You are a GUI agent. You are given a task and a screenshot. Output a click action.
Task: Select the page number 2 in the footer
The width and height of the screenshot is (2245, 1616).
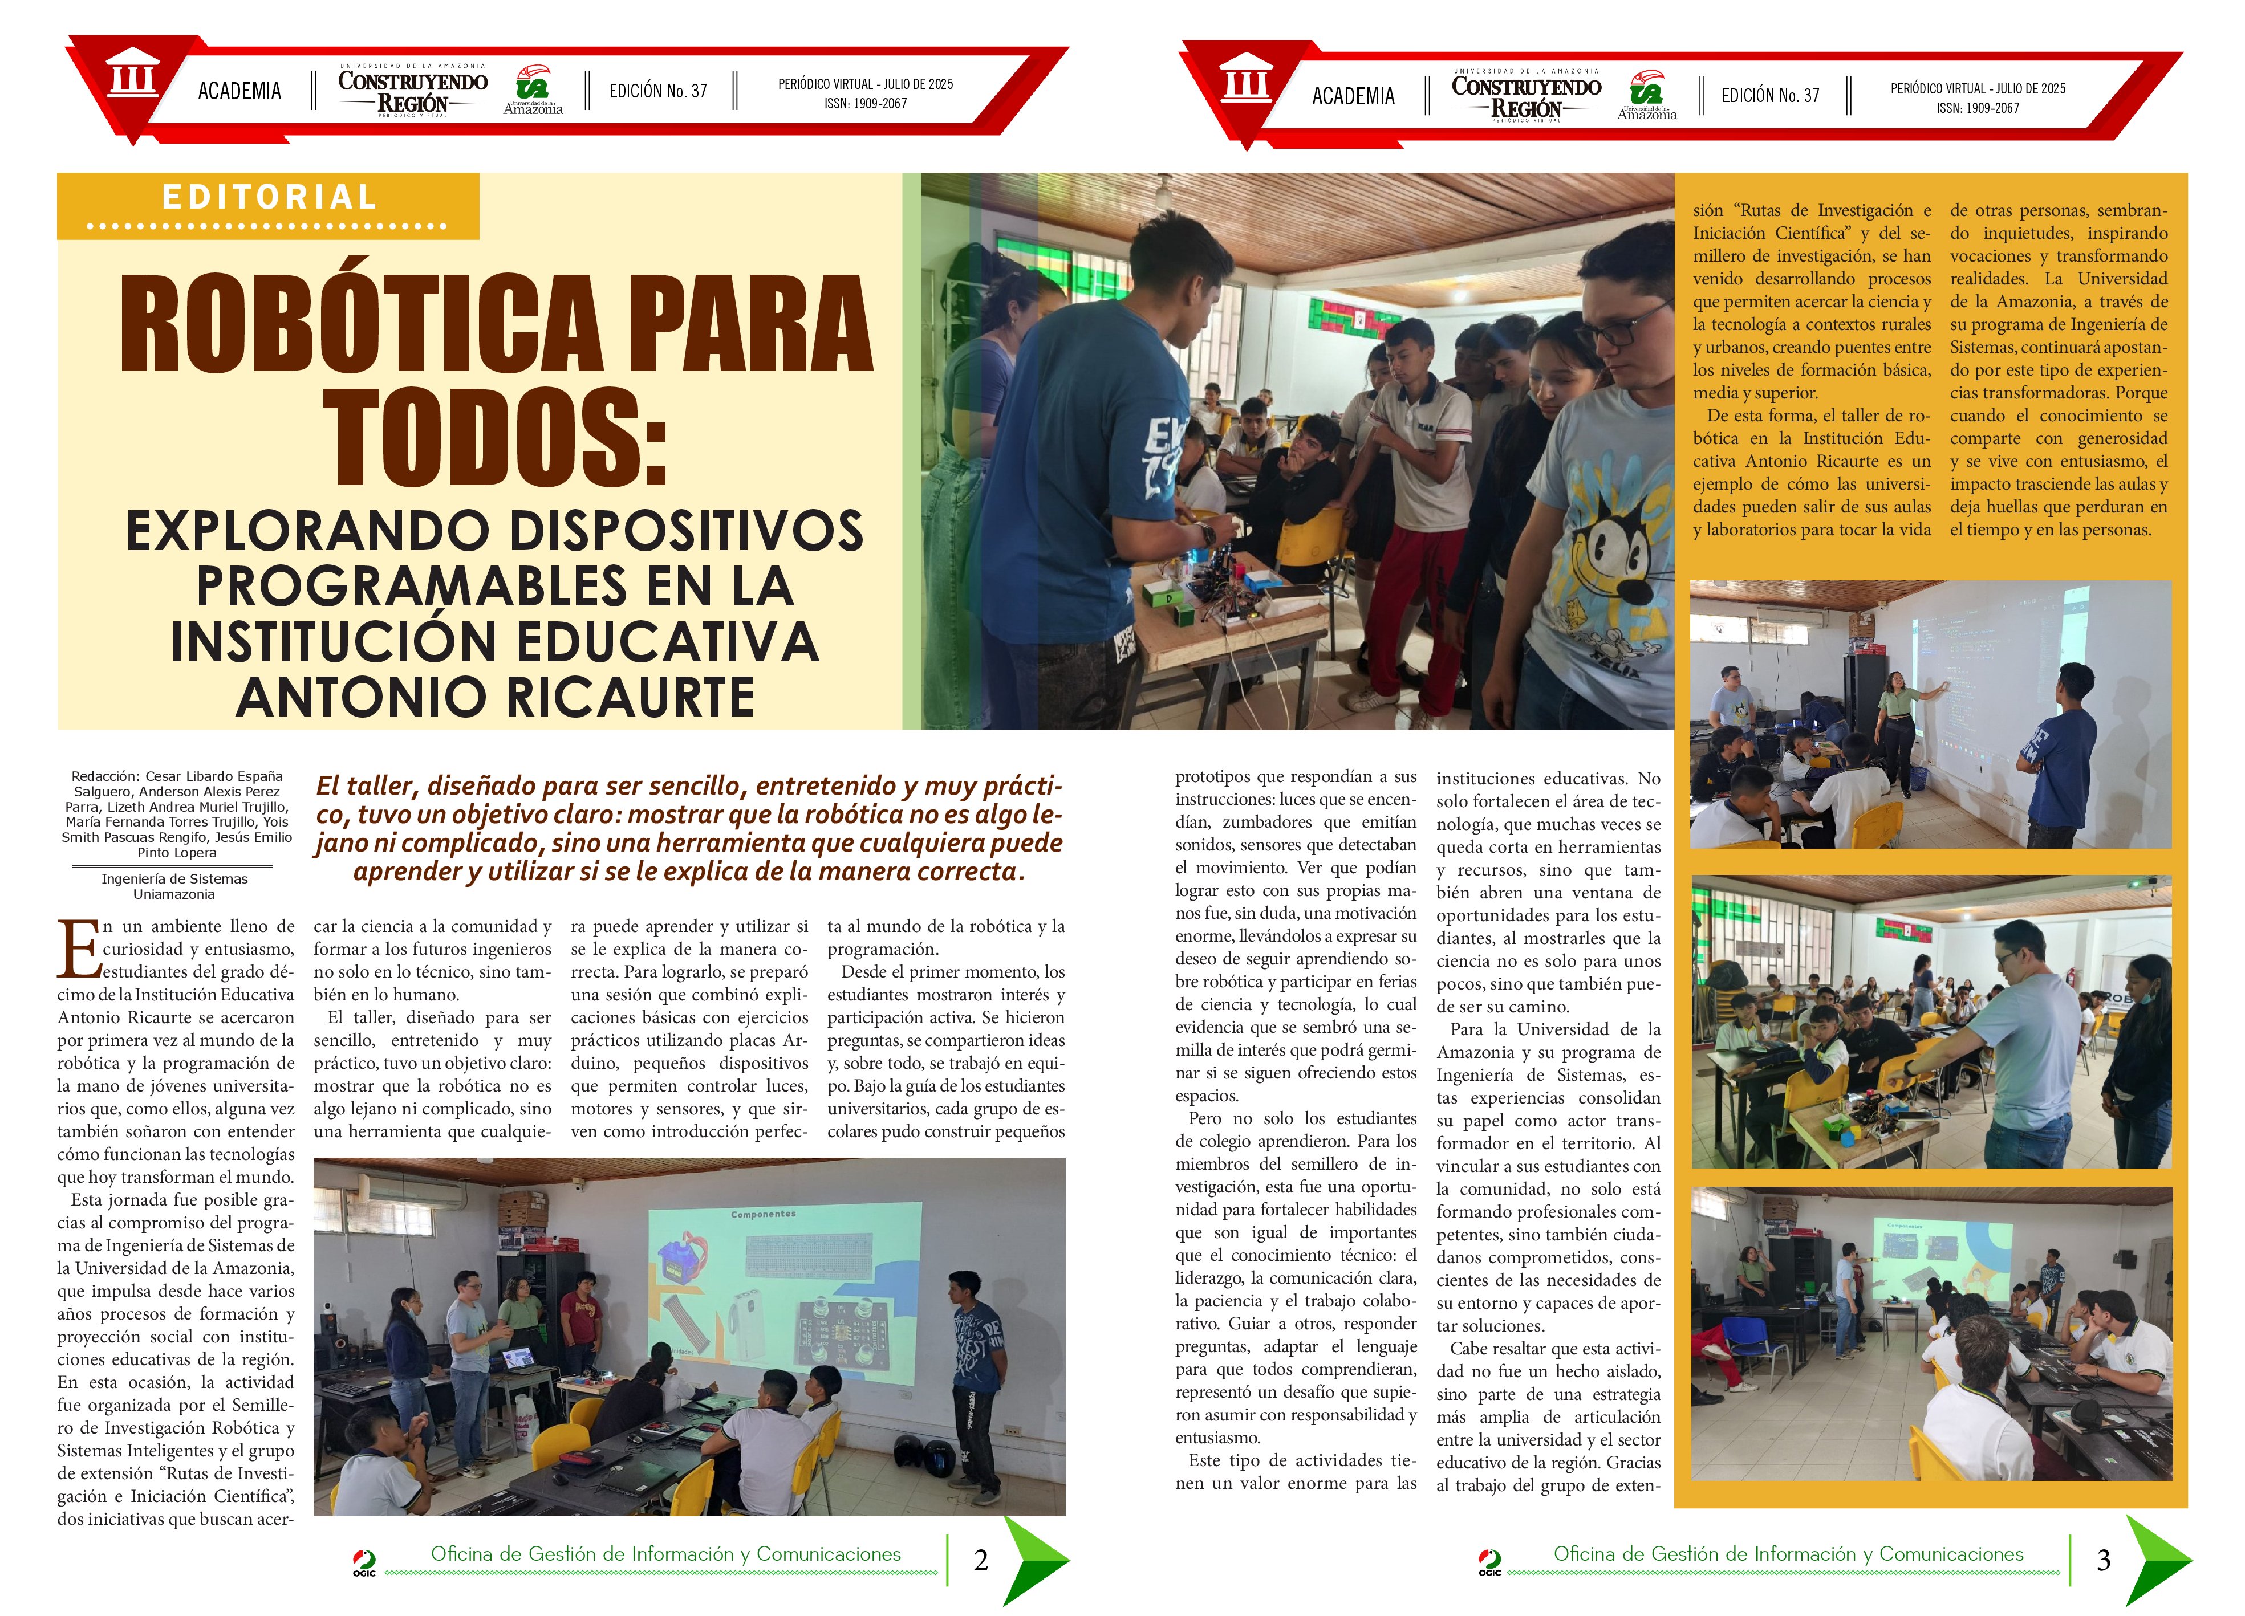point(981,1561)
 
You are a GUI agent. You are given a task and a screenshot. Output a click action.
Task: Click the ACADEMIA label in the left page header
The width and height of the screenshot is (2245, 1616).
point(239,91)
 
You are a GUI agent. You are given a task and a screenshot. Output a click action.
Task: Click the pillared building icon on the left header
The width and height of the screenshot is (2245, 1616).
point(132,77)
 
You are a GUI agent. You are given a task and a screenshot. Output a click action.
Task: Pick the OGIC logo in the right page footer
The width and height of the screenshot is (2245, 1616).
point(1489,1562)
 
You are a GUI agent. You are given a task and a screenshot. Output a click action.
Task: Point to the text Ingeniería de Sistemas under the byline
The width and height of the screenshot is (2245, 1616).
point(174,879)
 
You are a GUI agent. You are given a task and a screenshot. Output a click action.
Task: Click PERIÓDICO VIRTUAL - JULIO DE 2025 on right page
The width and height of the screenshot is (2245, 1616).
point(1978,88)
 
